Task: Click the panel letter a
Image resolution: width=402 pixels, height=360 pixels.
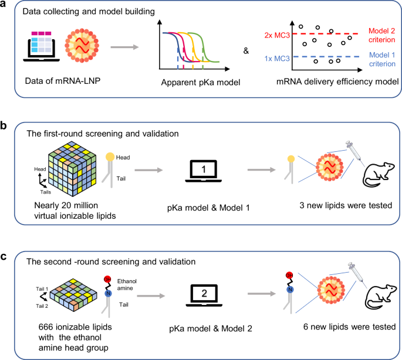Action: tap(4, 5)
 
